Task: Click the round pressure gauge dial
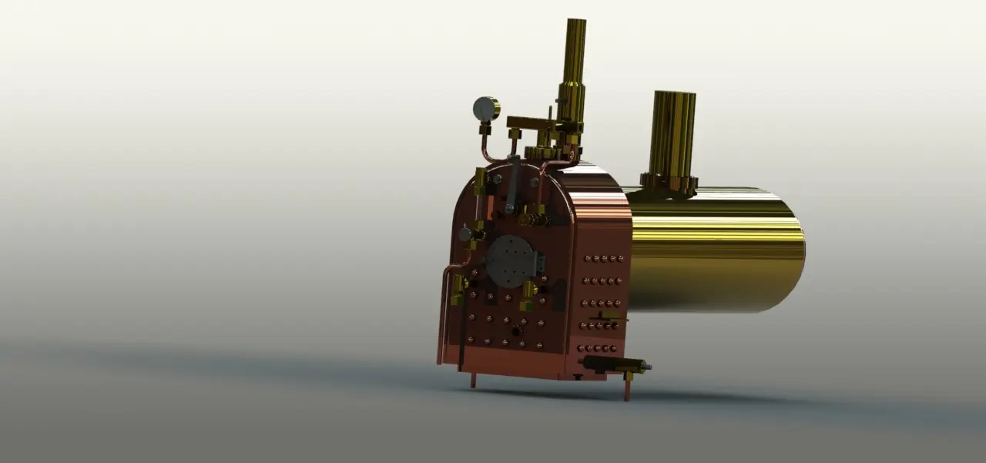(485, 109)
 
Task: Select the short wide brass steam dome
(672, 135)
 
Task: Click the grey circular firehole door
(510, 261)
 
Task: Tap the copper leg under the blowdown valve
(628, 387)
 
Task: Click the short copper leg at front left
(473, 380)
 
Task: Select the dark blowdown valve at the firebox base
(609, 364)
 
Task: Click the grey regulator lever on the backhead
(512, 185)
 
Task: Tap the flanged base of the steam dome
(669, 183)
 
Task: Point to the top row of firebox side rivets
(604, 259)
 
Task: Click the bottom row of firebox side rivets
(598, 348)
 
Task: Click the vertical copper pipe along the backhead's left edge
(445, 308)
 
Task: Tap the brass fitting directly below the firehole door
(528, 294)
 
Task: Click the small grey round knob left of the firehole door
(465, 234)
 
